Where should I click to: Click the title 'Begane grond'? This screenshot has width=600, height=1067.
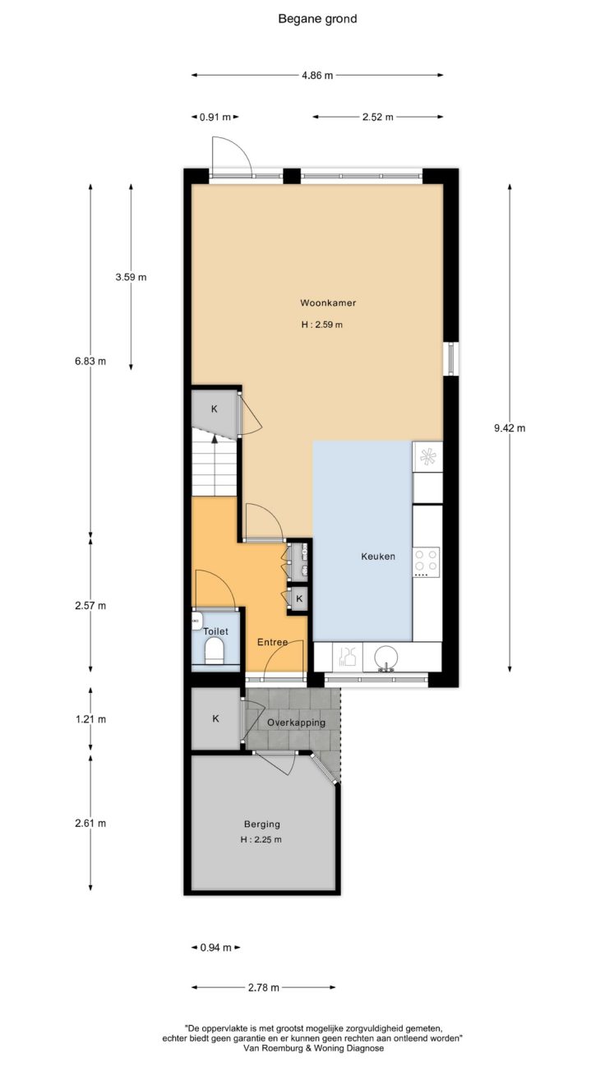[317, 19]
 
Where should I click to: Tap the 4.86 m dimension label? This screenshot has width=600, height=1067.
[317, 76]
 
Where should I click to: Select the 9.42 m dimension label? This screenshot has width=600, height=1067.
[510, 427]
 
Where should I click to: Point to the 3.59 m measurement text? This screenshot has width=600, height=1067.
[131, 277]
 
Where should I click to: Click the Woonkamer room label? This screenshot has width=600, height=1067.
[328, 303]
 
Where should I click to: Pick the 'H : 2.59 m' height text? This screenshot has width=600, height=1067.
[322, 325]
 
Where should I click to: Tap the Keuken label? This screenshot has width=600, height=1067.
[378, 556]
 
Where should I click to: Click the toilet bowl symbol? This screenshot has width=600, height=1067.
[214, 650]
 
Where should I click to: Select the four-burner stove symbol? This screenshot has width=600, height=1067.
[426, 560]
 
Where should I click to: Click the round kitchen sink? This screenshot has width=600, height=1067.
[386, 658]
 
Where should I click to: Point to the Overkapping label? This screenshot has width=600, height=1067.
[296, 722]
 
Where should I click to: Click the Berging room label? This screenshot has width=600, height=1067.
[262, 824]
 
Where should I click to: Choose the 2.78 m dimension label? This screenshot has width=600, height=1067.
[263, 987]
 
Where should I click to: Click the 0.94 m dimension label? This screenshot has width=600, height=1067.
[215, 948]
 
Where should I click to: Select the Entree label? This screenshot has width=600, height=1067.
[272, 642]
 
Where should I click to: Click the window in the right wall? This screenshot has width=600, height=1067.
[450, 358]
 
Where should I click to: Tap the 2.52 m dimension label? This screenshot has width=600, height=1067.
[377, 117]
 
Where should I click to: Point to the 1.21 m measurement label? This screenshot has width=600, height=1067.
[90, 718]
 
